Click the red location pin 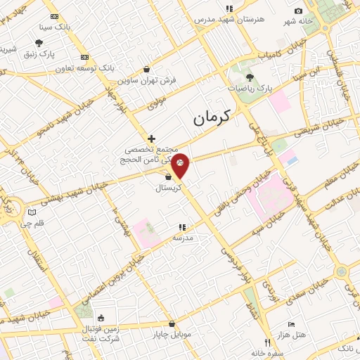coord(181,164)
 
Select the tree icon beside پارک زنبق coord(38,42)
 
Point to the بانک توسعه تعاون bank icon coord(84,57)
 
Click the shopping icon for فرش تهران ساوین coord(146,69)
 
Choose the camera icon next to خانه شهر coord(298,11)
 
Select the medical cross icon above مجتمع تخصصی coord(150,139)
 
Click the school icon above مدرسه coord(182,227)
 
